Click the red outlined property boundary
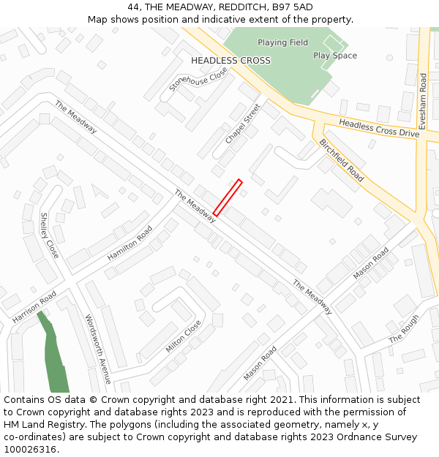[x=228, y=197]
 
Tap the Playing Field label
[x=282, y=42]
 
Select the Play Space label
[x=335, y=56]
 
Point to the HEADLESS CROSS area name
[x=230, y=61]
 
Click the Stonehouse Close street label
[x=198, y=79]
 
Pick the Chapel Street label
[x=243, y=124]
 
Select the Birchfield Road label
[x=342, y=160]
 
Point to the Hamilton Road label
[x=130, y=243]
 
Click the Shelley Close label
[x=49, y=235]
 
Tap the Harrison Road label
[x=34, y=307]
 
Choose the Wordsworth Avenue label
[x=97, y=350]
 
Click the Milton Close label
[x=183, y=336]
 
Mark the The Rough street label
[x=404, y=329]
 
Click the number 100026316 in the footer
[x=30, y=449]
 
